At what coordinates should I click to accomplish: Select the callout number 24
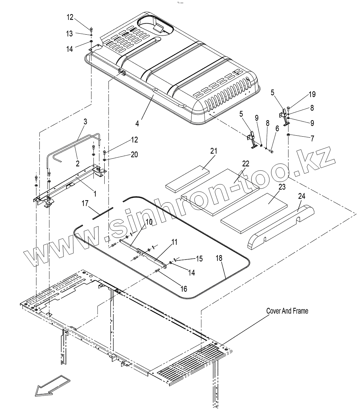click(x=302, y=196)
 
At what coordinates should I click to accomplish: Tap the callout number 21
click(x=214, y=151)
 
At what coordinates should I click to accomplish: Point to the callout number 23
click(x=282, y=187)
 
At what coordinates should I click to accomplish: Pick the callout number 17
click(x=85, y=204)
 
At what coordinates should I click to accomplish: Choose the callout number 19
click(x=312, y=94)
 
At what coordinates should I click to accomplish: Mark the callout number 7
click(x=312, y=139)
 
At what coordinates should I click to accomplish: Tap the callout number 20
click(x=134, y=155)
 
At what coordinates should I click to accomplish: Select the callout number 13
click(x=70, y=34)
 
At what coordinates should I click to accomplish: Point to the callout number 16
click(x=184, y=289)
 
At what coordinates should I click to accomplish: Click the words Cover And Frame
click(x=287, y=311)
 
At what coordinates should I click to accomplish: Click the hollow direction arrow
click(x=51, y=386)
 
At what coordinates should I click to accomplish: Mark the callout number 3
click(x=85, y=122)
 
